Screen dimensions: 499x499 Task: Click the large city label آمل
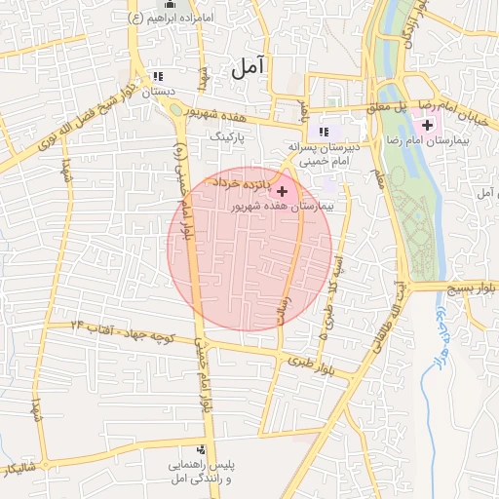pos(249,67)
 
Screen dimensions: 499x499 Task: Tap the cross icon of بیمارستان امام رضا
pos(428,126)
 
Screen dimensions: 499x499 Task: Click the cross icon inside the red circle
pos(283,191)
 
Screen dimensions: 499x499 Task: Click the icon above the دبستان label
pos(158,77)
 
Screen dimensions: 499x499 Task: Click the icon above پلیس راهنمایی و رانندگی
pos(202,449)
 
